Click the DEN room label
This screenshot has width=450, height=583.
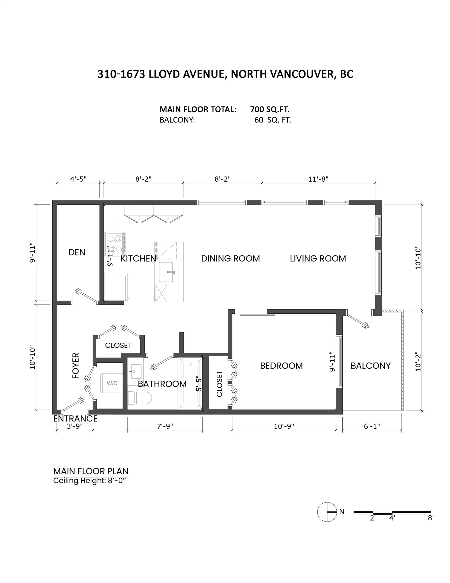click(77, 252)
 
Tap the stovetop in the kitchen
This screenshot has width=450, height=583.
click(114, 244)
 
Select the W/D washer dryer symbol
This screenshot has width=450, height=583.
click(112, 383)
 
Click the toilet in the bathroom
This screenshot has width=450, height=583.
click(139, 398)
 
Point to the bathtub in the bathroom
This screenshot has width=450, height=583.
click(190, 384)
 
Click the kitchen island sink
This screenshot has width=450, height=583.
click(166, 272)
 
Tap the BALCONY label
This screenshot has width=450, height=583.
click(370, 366)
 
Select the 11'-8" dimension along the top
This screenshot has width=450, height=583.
click(318, 179)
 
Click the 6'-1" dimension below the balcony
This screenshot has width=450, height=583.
click(371, 426)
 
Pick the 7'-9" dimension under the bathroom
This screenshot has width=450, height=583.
click(165, 426)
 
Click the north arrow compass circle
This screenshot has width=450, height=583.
click(327, 512)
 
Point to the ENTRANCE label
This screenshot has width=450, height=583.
click(75, 419)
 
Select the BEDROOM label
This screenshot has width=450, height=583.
click(281, 366)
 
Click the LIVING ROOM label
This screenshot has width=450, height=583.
click(318, 258)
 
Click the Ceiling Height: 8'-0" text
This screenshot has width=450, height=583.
click(89, 481)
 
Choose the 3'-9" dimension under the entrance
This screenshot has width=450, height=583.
click(75, 426)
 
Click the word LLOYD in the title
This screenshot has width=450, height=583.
click(164, 74)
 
